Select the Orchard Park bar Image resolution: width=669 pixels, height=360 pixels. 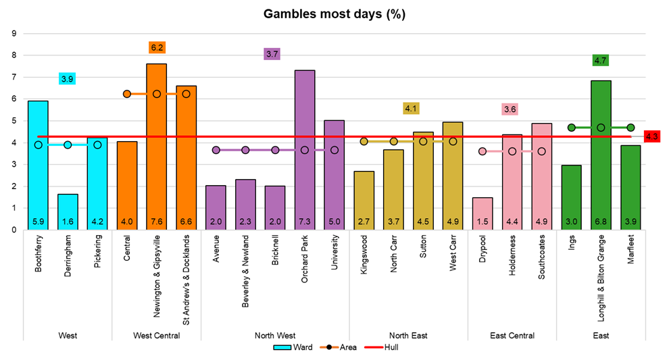305,149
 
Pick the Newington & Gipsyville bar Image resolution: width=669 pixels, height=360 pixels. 156,146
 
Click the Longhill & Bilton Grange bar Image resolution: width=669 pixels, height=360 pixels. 601,155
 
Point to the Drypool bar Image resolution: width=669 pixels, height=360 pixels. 482,213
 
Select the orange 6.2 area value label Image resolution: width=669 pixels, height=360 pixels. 157,47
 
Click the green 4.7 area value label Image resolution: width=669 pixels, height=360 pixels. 601,60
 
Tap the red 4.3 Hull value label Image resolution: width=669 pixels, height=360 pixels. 652,136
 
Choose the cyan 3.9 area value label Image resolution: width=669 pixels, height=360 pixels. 67,79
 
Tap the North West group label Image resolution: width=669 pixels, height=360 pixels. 275,335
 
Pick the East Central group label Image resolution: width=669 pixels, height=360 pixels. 512,335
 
